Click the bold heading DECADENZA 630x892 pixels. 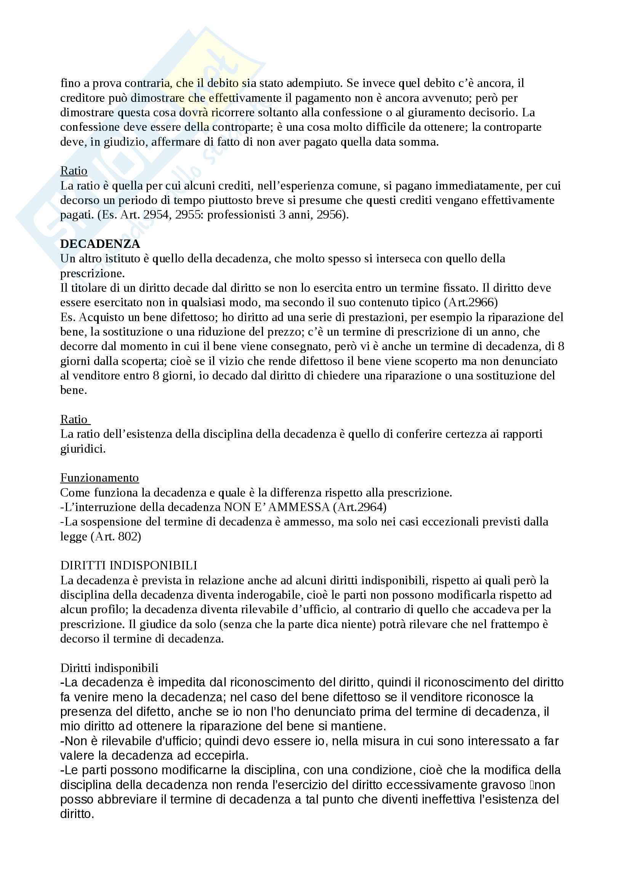pos(100,244)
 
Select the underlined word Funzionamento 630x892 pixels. pos(99,478)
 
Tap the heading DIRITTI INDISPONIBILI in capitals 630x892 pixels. pos(128,565)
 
